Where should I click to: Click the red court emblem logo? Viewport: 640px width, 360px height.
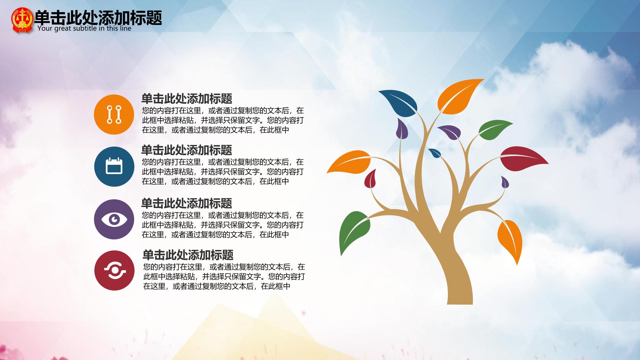pos(22,20)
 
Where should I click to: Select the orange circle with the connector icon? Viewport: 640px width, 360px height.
pos(114,114)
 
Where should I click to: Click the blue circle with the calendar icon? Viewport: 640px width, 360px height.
pos(114,166)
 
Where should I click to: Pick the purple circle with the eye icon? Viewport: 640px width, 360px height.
pos(114,219)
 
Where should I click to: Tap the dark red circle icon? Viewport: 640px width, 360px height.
pos(114,270)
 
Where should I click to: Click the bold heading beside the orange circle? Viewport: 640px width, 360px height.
pos(187,99)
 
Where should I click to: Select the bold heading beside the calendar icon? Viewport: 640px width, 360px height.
pos(187,150)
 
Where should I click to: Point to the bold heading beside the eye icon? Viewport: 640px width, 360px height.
pos(187,203)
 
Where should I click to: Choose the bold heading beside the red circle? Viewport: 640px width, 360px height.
pos(188,255)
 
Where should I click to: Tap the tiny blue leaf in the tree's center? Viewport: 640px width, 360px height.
pos(435,153)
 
